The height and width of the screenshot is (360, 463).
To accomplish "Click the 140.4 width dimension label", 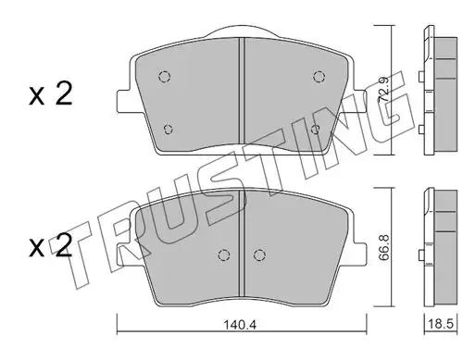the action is (240, 325).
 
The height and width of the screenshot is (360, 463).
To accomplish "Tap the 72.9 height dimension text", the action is (383, 90).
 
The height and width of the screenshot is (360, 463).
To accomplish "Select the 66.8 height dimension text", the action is (384, 247).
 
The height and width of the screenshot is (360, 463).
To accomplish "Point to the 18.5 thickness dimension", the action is (441, 324).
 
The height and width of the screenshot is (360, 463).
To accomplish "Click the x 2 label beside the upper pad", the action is (51, 93).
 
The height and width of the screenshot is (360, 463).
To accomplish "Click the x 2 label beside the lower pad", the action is (51, 245).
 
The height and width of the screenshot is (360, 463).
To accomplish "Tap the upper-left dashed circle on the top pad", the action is (165, 76).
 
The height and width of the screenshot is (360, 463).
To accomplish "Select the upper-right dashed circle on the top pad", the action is (319, 76).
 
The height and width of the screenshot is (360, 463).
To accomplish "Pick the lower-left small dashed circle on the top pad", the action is (168, 130).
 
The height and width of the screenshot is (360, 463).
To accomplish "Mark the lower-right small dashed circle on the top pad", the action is (316, 130).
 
